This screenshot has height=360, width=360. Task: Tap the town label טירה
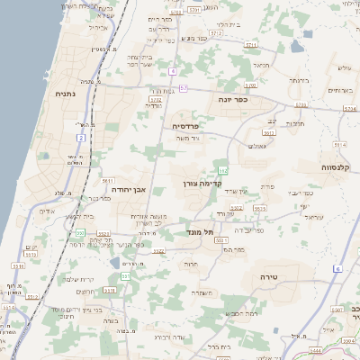coord(267,276)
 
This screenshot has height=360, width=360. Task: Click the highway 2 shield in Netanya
coord(81,138)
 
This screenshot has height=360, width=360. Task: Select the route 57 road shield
coord(183,88)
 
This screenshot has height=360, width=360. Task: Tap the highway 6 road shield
coord(337,269)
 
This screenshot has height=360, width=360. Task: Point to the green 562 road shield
coord(221,168)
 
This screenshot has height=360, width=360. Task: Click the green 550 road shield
coord(79,234)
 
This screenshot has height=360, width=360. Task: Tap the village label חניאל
coord(261,65)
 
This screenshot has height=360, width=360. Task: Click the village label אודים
coord(48,212)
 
